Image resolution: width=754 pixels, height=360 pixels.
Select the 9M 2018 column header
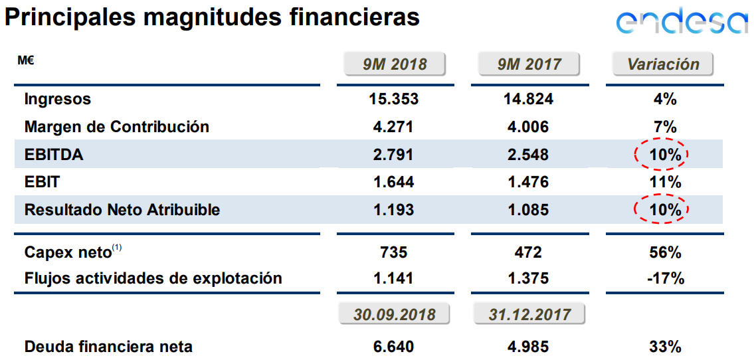tap(395, 64)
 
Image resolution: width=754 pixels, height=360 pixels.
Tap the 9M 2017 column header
tap(529, 64)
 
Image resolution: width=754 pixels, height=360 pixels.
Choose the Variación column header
tap(663, 64)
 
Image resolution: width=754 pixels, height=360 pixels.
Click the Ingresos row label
tap(57, 100)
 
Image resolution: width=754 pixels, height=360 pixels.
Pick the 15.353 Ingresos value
tap(394, 100)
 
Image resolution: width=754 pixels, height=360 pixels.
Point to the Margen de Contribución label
tap(116, 127)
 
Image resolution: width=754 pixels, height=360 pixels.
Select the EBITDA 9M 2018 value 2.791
tap(394, 155)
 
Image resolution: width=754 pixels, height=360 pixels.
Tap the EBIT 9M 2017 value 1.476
tap(529, 182)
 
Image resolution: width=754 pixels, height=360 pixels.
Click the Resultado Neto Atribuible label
tap(122, 210)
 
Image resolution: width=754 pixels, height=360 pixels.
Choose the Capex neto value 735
tap(394, 252)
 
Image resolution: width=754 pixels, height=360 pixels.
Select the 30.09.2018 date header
tap(395, 314)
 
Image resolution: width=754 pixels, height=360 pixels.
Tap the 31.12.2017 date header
tap(529, 314)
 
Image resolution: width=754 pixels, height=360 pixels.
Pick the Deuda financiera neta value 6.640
tap(394, 347)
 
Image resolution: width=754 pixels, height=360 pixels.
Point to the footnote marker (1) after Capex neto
tap(117, 248)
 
